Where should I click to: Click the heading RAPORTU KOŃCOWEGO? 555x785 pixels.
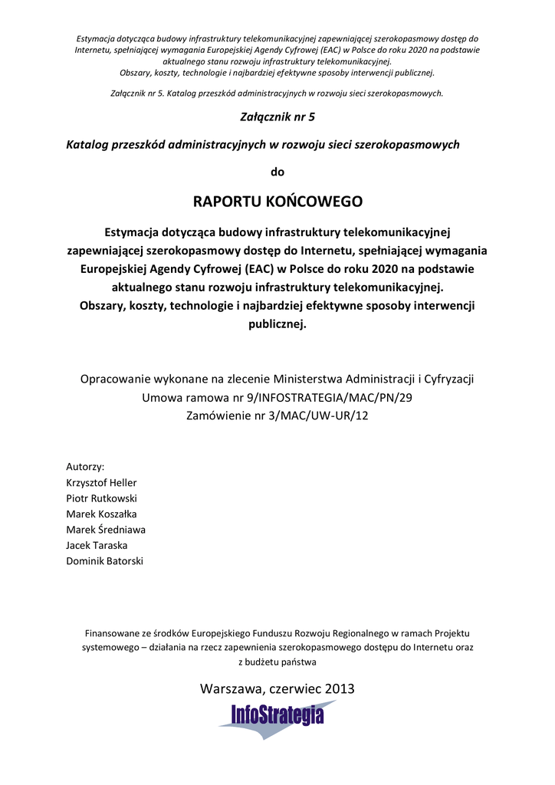(277, 202)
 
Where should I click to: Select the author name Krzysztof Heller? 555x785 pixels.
(102, 482)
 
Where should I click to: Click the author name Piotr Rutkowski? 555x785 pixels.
(101, 498)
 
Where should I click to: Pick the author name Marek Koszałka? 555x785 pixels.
(102, 514)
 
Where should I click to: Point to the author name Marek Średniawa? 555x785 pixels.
(106, 530)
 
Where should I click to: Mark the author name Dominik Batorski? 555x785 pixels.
(105, 561)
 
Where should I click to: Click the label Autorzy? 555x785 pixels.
(86, 466)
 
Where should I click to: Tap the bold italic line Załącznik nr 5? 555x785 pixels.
(277, 118)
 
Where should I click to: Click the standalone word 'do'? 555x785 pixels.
(277, 172)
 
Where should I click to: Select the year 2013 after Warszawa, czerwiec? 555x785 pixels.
(340, 688)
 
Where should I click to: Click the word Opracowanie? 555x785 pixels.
(115, 379)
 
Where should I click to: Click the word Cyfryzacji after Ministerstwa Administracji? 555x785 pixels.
(446, 379)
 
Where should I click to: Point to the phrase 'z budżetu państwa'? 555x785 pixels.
(277, 661)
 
